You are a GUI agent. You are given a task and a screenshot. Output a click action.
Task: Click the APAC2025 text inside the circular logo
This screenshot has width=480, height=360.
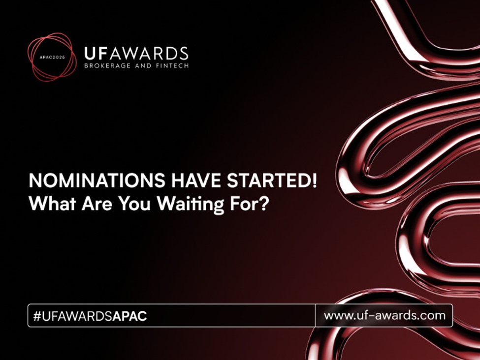52,57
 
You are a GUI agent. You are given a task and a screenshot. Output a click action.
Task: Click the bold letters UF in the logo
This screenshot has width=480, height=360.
95,53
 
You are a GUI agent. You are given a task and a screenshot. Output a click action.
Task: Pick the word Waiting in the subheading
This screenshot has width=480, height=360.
188,204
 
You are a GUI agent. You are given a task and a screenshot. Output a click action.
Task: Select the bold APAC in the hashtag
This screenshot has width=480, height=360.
129,316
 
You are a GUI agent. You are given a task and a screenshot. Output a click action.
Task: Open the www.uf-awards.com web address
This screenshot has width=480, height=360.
384,315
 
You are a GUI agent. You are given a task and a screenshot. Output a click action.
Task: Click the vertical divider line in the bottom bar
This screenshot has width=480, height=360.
315,315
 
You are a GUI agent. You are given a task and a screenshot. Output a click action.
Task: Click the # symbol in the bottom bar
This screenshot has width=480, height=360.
37,316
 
